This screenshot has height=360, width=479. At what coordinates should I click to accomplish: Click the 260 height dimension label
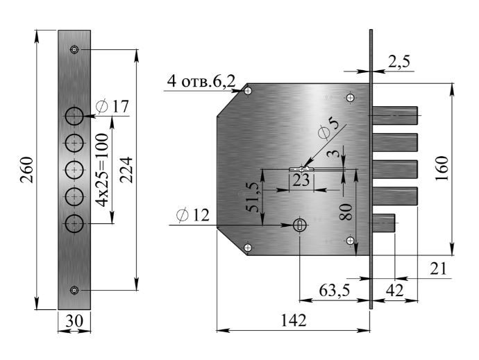(26, 170)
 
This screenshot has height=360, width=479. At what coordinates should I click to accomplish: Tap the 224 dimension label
(126, 170)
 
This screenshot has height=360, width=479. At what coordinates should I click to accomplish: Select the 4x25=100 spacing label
(101, 170)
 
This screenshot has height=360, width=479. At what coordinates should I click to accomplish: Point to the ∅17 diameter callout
(112, 107)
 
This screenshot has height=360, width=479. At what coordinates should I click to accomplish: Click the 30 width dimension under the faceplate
(74, 321)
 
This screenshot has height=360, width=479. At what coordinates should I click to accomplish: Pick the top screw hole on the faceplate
(74, 49)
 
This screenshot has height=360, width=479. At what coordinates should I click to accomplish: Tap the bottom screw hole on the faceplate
(74, 290)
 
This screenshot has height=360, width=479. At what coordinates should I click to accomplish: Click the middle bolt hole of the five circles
(74, 170)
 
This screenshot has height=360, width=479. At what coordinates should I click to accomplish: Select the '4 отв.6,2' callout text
(201, 82)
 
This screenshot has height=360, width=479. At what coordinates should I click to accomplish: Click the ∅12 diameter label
(193, 215)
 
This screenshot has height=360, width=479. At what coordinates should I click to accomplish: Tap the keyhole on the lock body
(300, 225)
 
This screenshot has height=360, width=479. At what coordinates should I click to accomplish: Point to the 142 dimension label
(293, 320)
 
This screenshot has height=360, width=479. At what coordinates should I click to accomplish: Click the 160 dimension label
(442, 169)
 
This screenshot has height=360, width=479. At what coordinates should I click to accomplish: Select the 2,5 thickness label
(398, 62)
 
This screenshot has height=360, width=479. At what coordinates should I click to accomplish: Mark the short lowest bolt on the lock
(384, 223)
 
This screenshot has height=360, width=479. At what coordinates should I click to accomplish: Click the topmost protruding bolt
(395, 115)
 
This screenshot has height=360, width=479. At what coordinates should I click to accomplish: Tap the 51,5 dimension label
(253, 197)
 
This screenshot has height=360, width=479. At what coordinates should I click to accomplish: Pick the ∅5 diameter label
(328, 128)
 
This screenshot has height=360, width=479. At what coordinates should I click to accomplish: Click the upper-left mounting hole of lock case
(248, 91)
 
